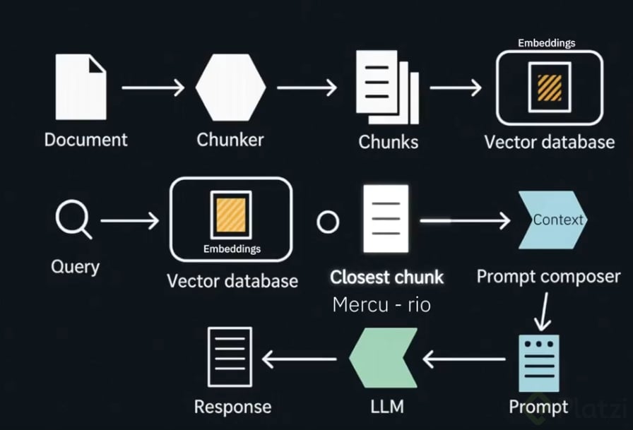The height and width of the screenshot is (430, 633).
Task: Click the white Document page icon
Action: point(81,88)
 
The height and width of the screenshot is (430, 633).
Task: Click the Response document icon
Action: point(230,358)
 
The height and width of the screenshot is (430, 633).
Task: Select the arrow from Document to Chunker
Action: point(153,88)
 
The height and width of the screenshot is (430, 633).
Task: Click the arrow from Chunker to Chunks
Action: point(307,88)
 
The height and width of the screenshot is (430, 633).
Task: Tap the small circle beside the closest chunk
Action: point(327,222)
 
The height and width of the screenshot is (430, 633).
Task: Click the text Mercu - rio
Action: point(381,305)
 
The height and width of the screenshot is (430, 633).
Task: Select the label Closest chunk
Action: point(387,277)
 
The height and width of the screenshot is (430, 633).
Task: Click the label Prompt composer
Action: point(548,276)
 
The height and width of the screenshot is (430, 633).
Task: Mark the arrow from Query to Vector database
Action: point(130,221)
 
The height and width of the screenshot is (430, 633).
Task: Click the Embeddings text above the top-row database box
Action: point(546,43)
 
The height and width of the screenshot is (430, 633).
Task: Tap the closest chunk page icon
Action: point(386,219)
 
